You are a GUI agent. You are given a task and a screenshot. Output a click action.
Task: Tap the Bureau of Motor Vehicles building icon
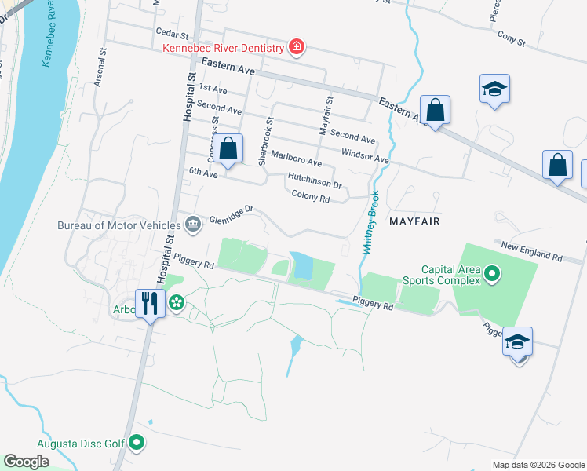coord(192,225)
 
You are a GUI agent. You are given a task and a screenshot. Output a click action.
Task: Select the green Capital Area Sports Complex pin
coord(492,274)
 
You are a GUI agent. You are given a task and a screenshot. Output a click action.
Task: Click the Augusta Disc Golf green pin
coord(137,444)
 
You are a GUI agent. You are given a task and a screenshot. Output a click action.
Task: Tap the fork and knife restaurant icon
coord(149,302)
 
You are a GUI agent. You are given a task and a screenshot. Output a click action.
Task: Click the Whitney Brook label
coord(370,221)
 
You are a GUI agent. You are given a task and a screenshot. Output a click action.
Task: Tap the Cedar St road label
coord(173,35)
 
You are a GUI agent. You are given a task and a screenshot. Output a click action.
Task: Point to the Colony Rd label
coord(310,197)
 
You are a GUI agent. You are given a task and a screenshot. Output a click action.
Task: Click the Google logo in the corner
coord(26,461)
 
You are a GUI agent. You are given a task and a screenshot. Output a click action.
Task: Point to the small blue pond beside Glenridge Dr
coord(301,268)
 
